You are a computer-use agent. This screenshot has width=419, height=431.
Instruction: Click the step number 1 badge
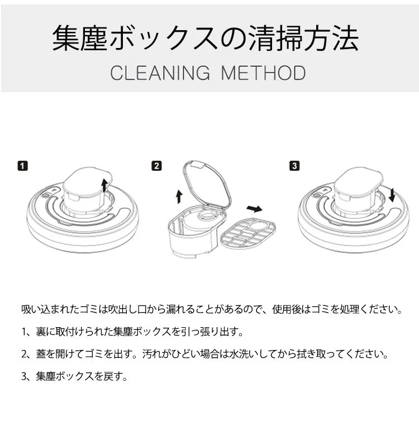coord(23,166)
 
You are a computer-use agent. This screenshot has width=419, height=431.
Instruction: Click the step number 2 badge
coord(156,166)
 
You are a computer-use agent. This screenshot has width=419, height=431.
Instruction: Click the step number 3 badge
coord(295,166)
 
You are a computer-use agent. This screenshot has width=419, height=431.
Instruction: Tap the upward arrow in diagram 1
coord(104,185)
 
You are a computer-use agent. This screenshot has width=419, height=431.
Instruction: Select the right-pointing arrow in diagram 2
coord(255,209)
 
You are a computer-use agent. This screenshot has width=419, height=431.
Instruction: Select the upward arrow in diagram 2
coord(179,196)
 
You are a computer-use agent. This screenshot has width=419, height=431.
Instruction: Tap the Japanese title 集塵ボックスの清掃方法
coord(206,39)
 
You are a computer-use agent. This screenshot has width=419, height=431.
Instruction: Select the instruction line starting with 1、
coord(132,332)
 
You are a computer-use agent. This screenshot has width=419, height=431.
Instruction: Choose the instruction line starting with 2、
coord(204,354)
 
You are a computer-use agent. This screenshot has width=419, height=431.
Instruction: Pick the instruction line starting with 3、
coord(74,376)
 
